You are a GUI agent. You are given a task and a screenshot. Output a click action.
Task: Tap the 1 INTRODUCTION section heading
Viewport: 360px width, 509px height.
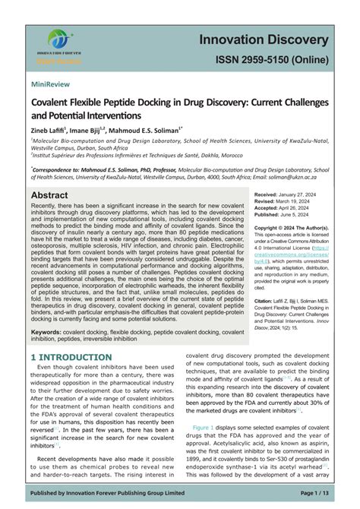tap(73, 357)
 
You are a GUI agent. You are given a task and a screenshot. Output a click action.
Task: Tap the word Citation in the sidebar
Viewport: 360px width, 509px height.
tap(267, 301)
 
